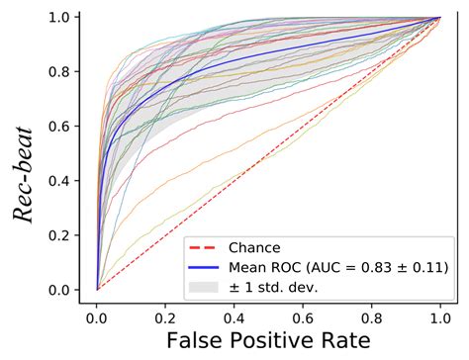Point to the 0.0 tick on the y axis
(60, 290)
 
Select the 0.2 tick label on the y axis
(60, 235)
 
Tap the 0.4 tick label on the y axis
(60, 181)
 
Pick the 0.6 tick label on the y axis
(60, 127)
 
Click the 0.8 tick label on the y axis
(60, 72)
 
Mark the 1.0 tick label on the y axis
(60, 18)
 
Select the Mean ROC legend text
(327, 267)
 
